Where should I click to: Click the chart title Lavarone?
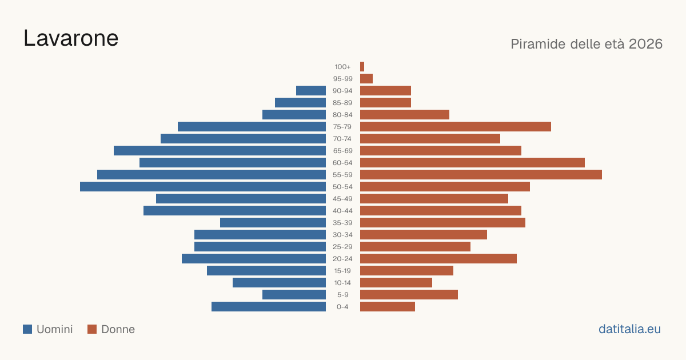coord(71,38)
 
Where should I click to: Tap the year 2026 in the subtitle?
coord(645,44)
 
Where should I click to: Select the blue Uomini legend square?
coord(27,329)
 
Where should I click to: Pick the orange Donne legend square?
coord(92,329)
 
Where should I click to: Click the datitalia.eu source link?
coord(629,329)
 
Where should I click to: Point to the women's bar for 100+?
coord(362,67)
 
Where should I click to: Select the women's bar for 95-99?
coord(366,79)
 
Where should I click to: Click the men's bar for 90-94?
coord(311,91)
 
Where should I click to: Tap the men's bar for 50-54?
coord(203,187)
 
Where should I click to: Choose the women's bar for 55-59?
coord(481,175)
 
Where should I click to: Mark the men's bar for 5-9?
coord(294,295)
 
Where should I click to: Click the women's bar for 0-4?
coord(388,307)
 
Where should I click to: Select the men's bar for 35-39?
coord(273,222)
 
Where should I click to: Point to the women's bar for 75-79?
coord(456,127)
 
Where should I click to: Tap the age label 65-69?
coord(342,151)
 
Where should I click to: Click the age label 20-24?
coord(342,259)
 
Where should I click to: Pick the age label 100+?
coord(342,67)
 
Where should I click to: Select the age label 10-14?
coord(342,283)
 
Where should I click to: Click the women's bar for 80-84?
coord(405,115)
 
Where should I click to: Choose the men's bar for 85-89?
coord(301,102)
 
